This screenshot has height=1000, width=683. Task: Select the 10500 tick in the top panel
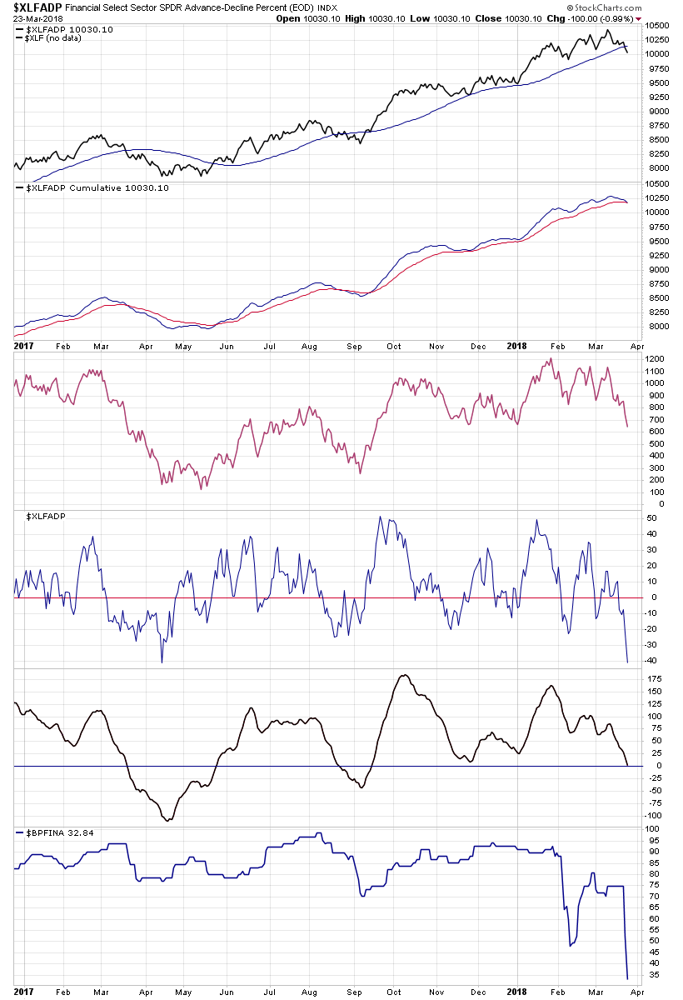click(657, 26)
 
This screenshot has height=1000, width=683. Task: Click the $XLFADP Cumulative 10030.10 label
click(98, 188)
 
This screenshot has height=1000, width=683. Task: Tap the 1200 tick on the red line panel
click(655, 359)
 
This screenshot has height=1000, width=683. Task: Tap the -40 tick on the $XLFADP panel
click(651, 660)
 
